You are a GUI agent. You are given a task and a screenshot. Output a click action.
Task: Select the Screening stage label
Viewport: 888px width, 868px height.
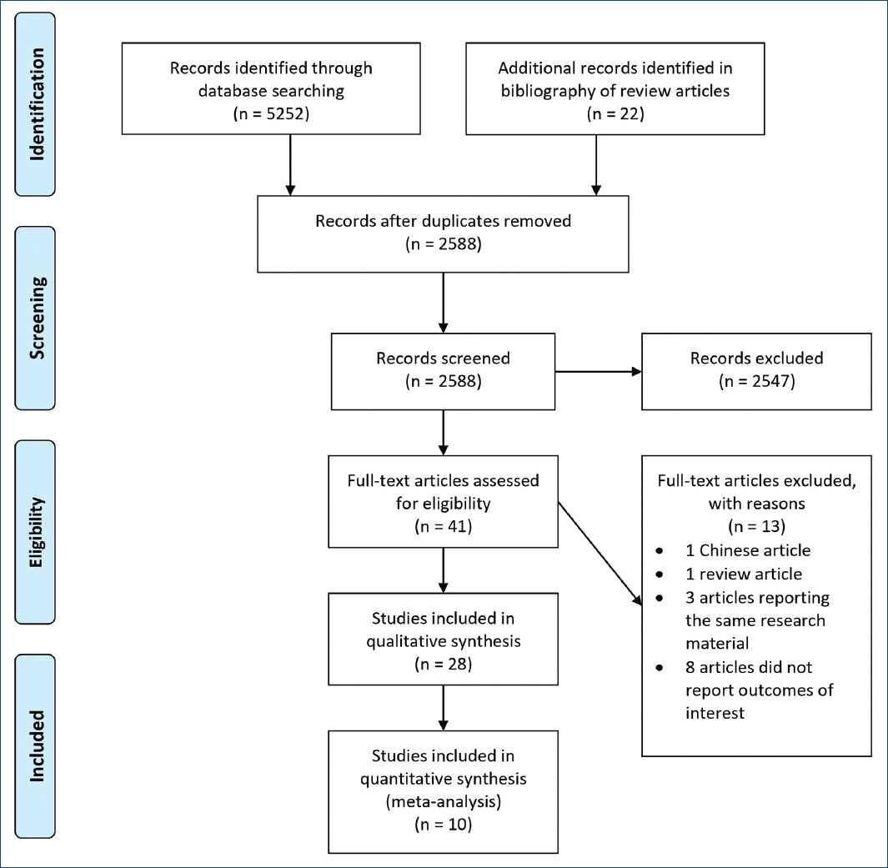tap(37, 319)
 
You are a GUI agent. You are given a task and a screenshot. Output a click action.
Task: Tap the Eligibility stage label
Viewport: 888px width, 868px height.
tap(37, 532)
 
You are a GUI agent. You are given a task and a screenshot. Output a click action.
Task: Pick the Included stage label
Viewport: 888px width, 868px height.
tap(37, 745)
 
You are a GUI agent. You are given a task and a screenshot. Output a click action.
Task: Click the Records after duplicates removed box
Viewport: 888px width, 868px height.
tap(443, 234)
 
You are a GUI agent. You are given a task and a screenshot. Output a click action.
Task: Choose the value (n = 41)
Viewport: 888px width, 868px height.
tap(443, 527)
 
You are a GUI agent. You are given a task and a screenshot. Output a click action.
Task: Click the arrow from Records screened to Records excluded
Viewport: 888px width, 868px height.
tap(597, 372)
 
